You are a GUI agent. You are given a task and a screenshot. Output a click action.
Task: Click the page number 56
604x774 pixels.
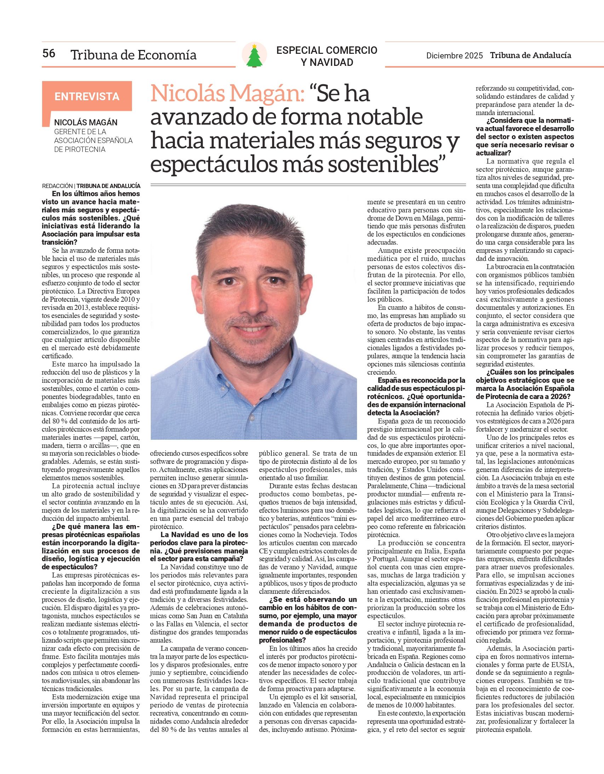coord(49,53)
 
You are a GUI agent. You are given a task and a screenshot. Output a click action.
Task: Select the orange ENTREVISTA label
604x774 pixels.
coord(87,96)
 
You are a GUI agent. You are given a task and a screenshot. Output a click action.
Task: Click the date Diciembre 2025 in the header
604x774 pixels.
coord(454,56)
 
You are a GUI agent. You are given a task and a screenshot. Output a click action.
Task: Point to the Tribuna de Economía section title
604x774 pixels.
coord(133,55)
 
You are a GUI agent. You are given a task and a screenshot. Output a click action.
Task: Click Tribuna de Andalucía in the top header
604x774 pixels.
coord(530,55)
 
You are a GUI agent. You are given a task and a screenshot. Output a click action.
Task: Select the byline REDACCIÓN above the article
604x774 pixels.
coord(57,186)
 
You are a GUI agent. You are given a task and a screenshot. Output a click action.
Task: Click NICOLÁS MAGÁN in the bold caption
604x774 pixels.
coord(86,123)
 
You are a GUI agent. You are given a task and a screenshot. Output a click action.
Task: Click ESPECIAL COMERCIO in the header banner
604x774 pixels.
coord(327,50)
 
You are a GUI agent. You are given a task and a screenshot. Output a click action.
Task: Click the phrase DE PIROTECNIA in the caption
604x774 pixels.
coord(80,149)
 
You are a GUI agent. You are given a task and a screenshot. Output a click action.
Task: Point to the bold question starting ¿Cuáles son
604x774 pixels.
coord(525,385)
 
